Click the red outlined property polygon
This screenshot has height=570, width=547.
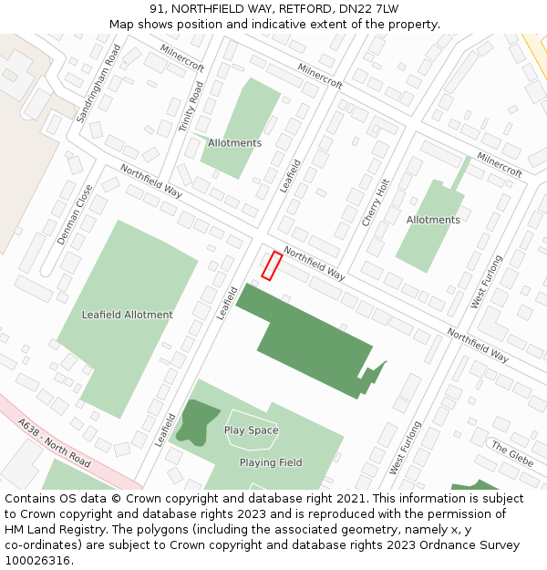pos(272,265)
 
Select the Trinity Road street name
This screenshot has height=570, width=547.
pos(191,106)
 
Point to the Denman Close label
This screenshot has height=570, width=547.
pos(75,215)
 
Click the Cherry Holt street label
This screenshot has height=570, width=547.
pos(376,202)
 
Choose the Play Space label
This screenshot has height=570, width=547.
pos(252,430)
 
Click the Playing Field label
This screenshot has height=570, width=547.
pos(271,462)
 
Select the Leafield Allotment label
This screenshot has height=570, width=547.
pos(127,315)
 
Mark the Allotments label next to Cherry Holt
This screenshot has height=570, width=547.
pos(433,220)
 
